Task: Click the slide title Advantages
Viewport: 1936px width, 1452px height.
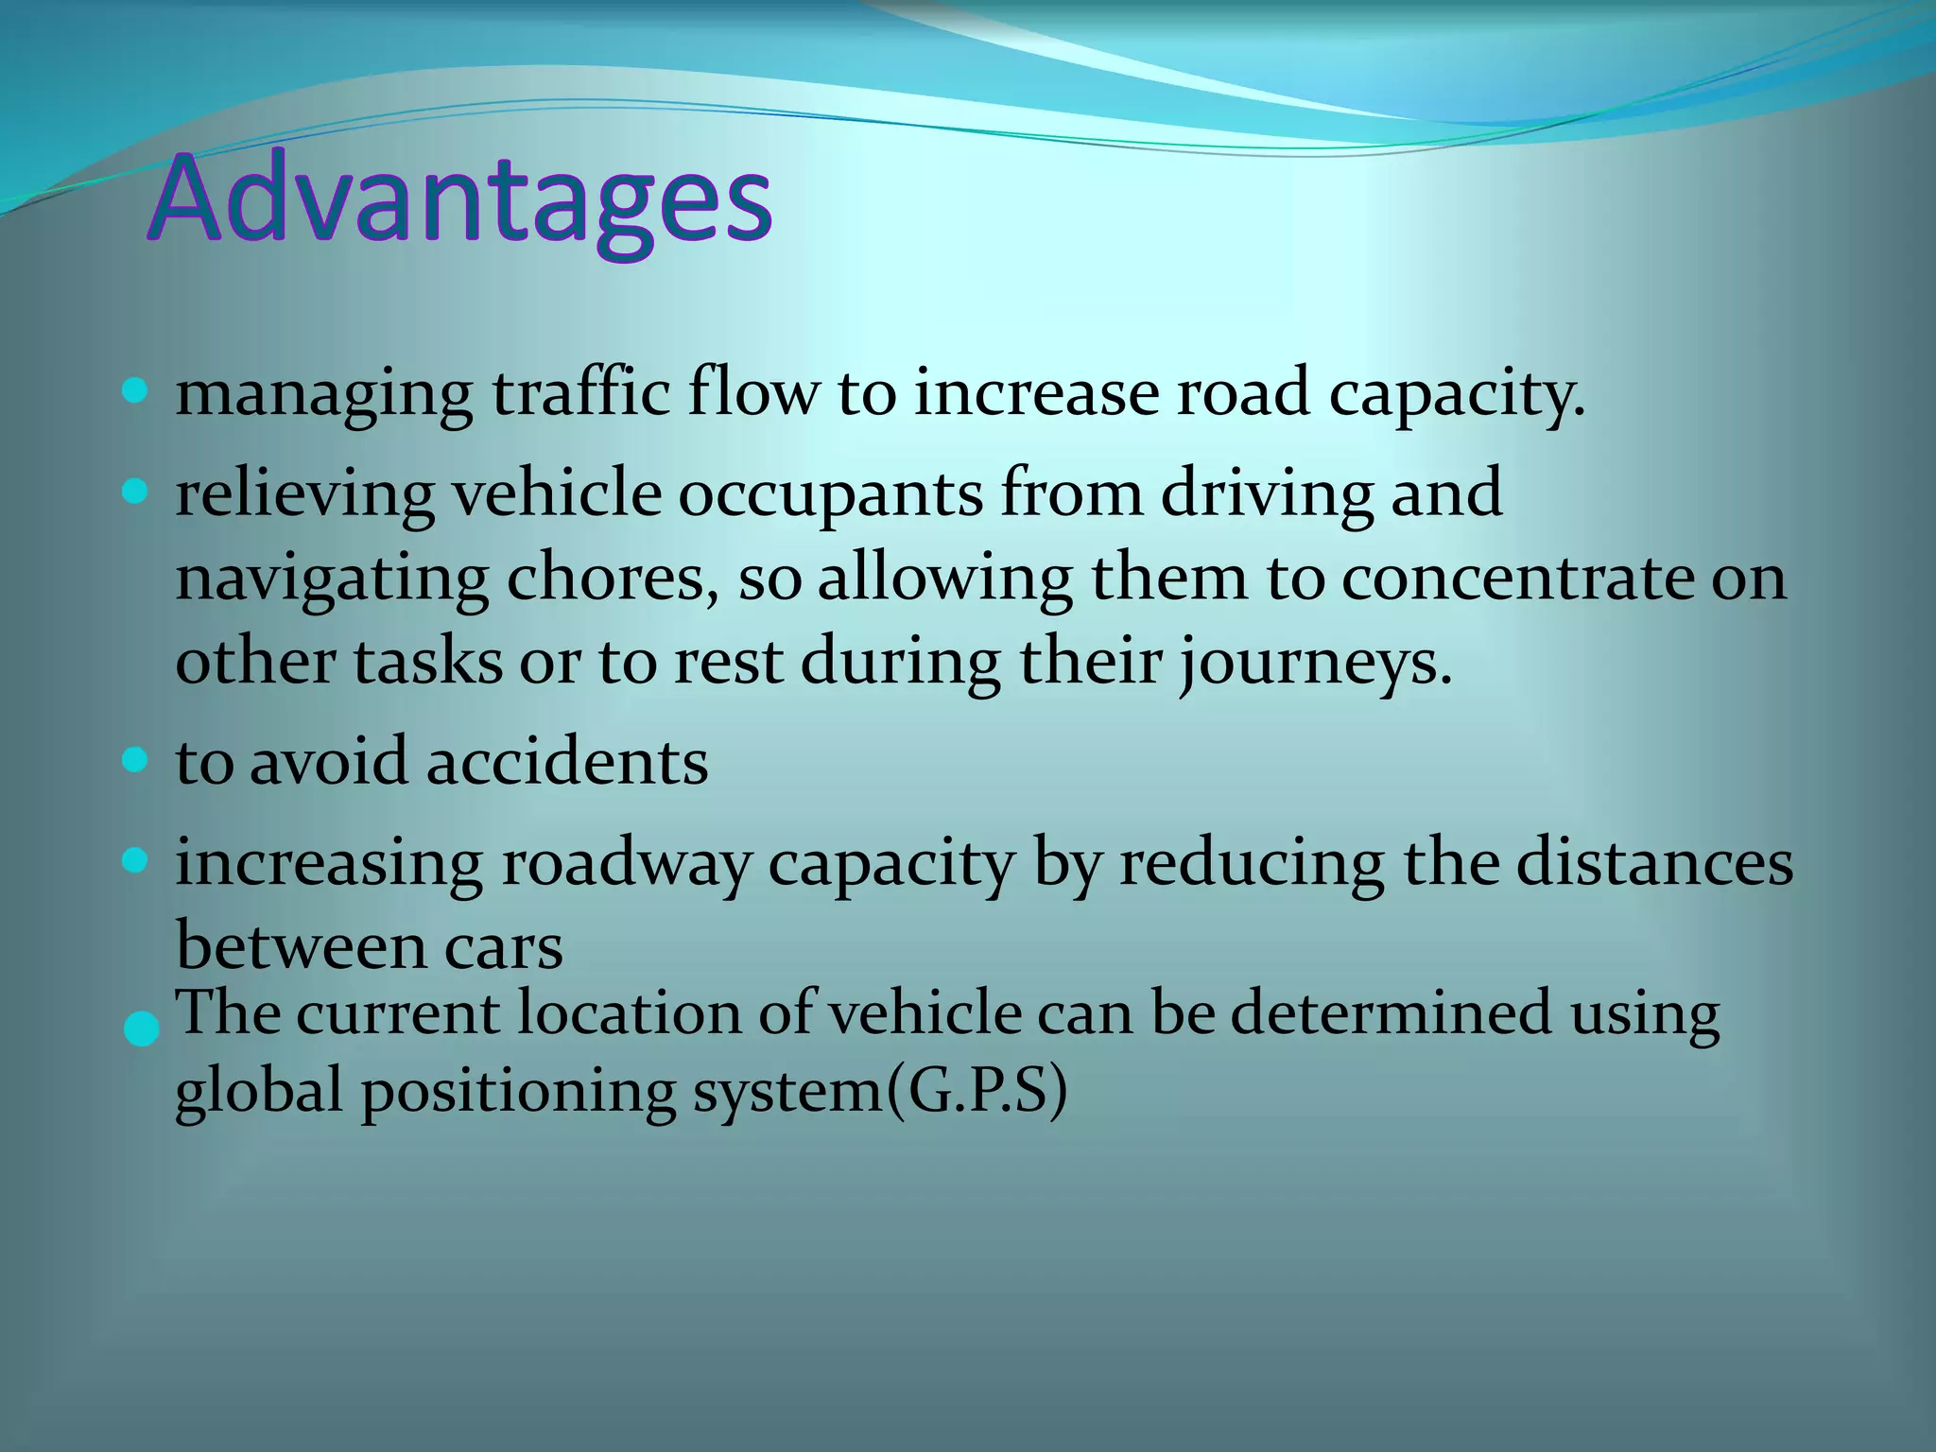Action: [x=460, y=200]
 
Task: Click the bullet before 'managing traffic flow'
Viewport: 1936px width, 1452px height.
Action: [x=136, y=391]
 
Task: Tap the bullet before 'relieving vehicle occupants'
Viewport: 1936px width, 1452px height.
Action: [x=136, y=492]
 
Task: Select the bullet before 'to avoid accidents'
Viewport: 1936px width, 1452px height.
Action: [x=136, y=760]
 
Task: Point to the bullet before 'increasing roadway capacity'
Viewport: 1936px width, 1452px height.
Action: [x=136, y=860]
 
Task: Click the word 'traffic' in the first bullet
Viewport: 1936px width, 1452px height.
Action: [x=580, y=392]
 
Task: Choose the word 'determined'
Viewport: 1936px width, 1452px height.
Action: [x=1391, y=1013]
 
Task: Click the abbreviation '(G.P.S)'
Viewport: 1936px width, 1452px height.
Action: [x=977, y=1092]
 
